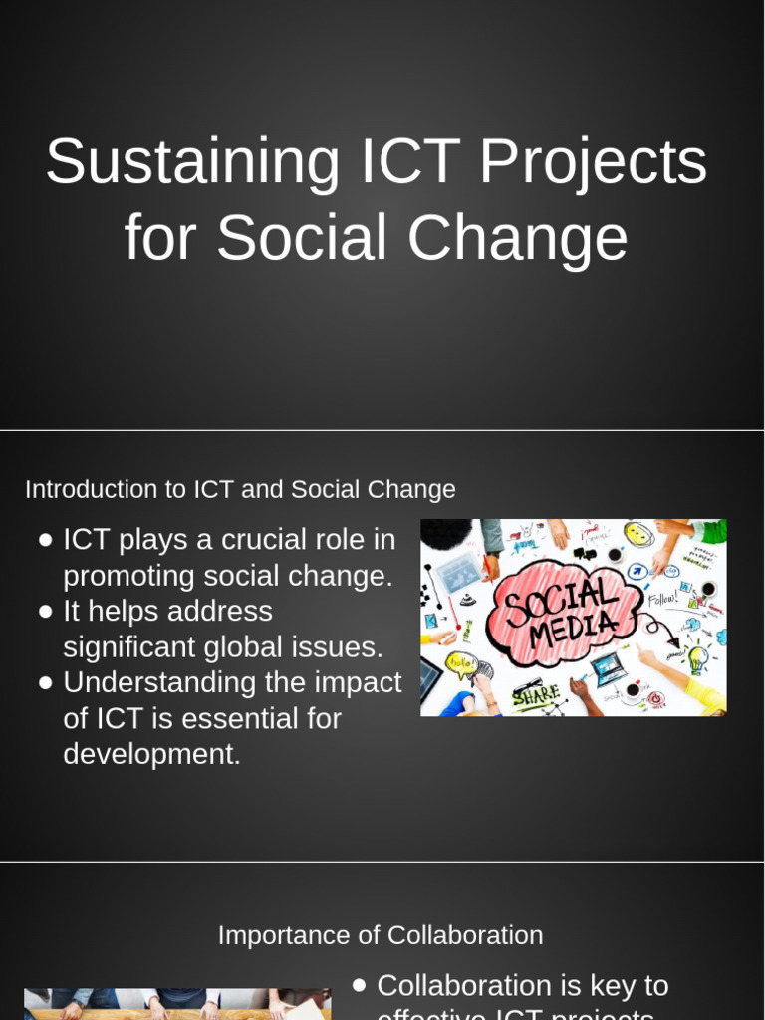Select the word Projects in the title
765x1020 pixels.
coord(594,162)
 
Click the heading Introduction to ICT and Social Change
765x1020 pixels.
coord(240,490)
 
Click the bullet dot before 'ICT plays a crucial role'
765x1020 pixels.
coord(46,541)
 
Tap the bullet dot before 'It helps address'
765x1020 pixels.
coord(46,613)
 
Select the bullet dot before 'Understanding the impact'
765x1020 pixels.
coord(46,684)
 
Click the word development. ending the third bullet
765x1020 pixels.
coord(151,755)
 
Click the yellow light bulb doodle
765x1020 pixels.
coord(697,658)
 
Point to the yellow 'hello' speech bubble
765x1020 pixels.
coord(461,663)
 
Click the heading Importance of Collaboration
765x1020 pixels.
coord(381,936)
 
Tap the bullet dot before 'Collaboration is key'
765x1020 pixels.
coord(360,986)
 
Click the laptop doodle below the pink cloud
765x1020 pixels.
coord(608,668)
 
